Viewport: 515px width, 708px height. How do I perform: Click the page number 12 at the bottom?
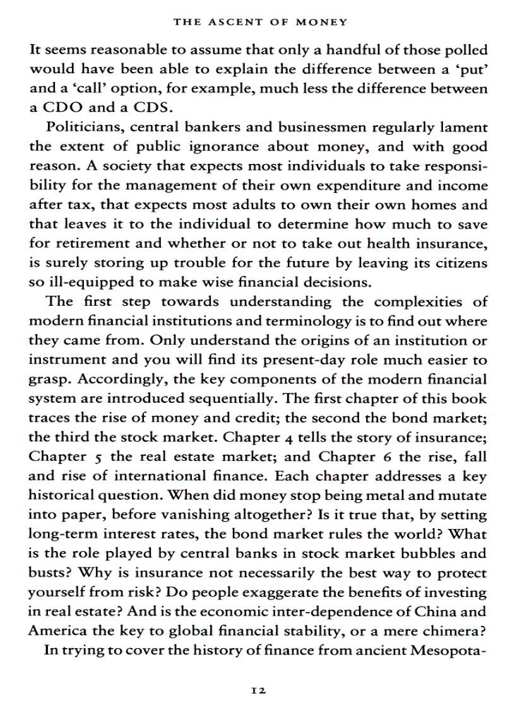(258, 690)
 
